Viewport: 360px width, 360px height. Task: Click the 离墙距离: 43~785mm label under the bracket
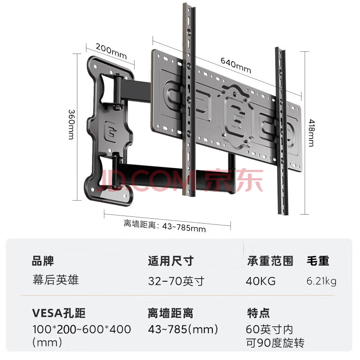[x=165, y=226]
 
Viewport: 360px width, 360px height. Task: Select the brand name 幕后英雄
[x=55, y=280]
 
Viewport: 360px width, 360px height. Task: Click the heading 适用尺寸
[x=171, y=261]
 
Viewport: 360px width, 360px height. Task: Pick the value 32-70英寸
[x=176, y=281]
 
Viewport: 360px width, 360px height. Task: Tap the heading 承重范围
[x=270, y=261]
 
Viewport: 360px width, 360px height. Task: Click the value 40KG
[x=261, y=281]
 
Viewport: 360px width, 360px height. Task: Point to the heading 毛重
[x=318, y=261]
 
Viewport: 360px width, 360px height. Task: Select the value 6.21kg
[x=321, y=282]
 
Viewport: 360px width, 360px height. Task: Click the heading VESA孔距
[x=58, y=313]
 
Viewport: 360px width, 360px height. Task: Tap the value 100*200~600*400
[x=81, y=329]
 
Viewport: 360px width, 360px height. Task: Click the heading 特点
[x=258, y=313]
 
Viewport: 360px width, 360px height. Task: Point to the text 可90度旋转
[x=275, y=343]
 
